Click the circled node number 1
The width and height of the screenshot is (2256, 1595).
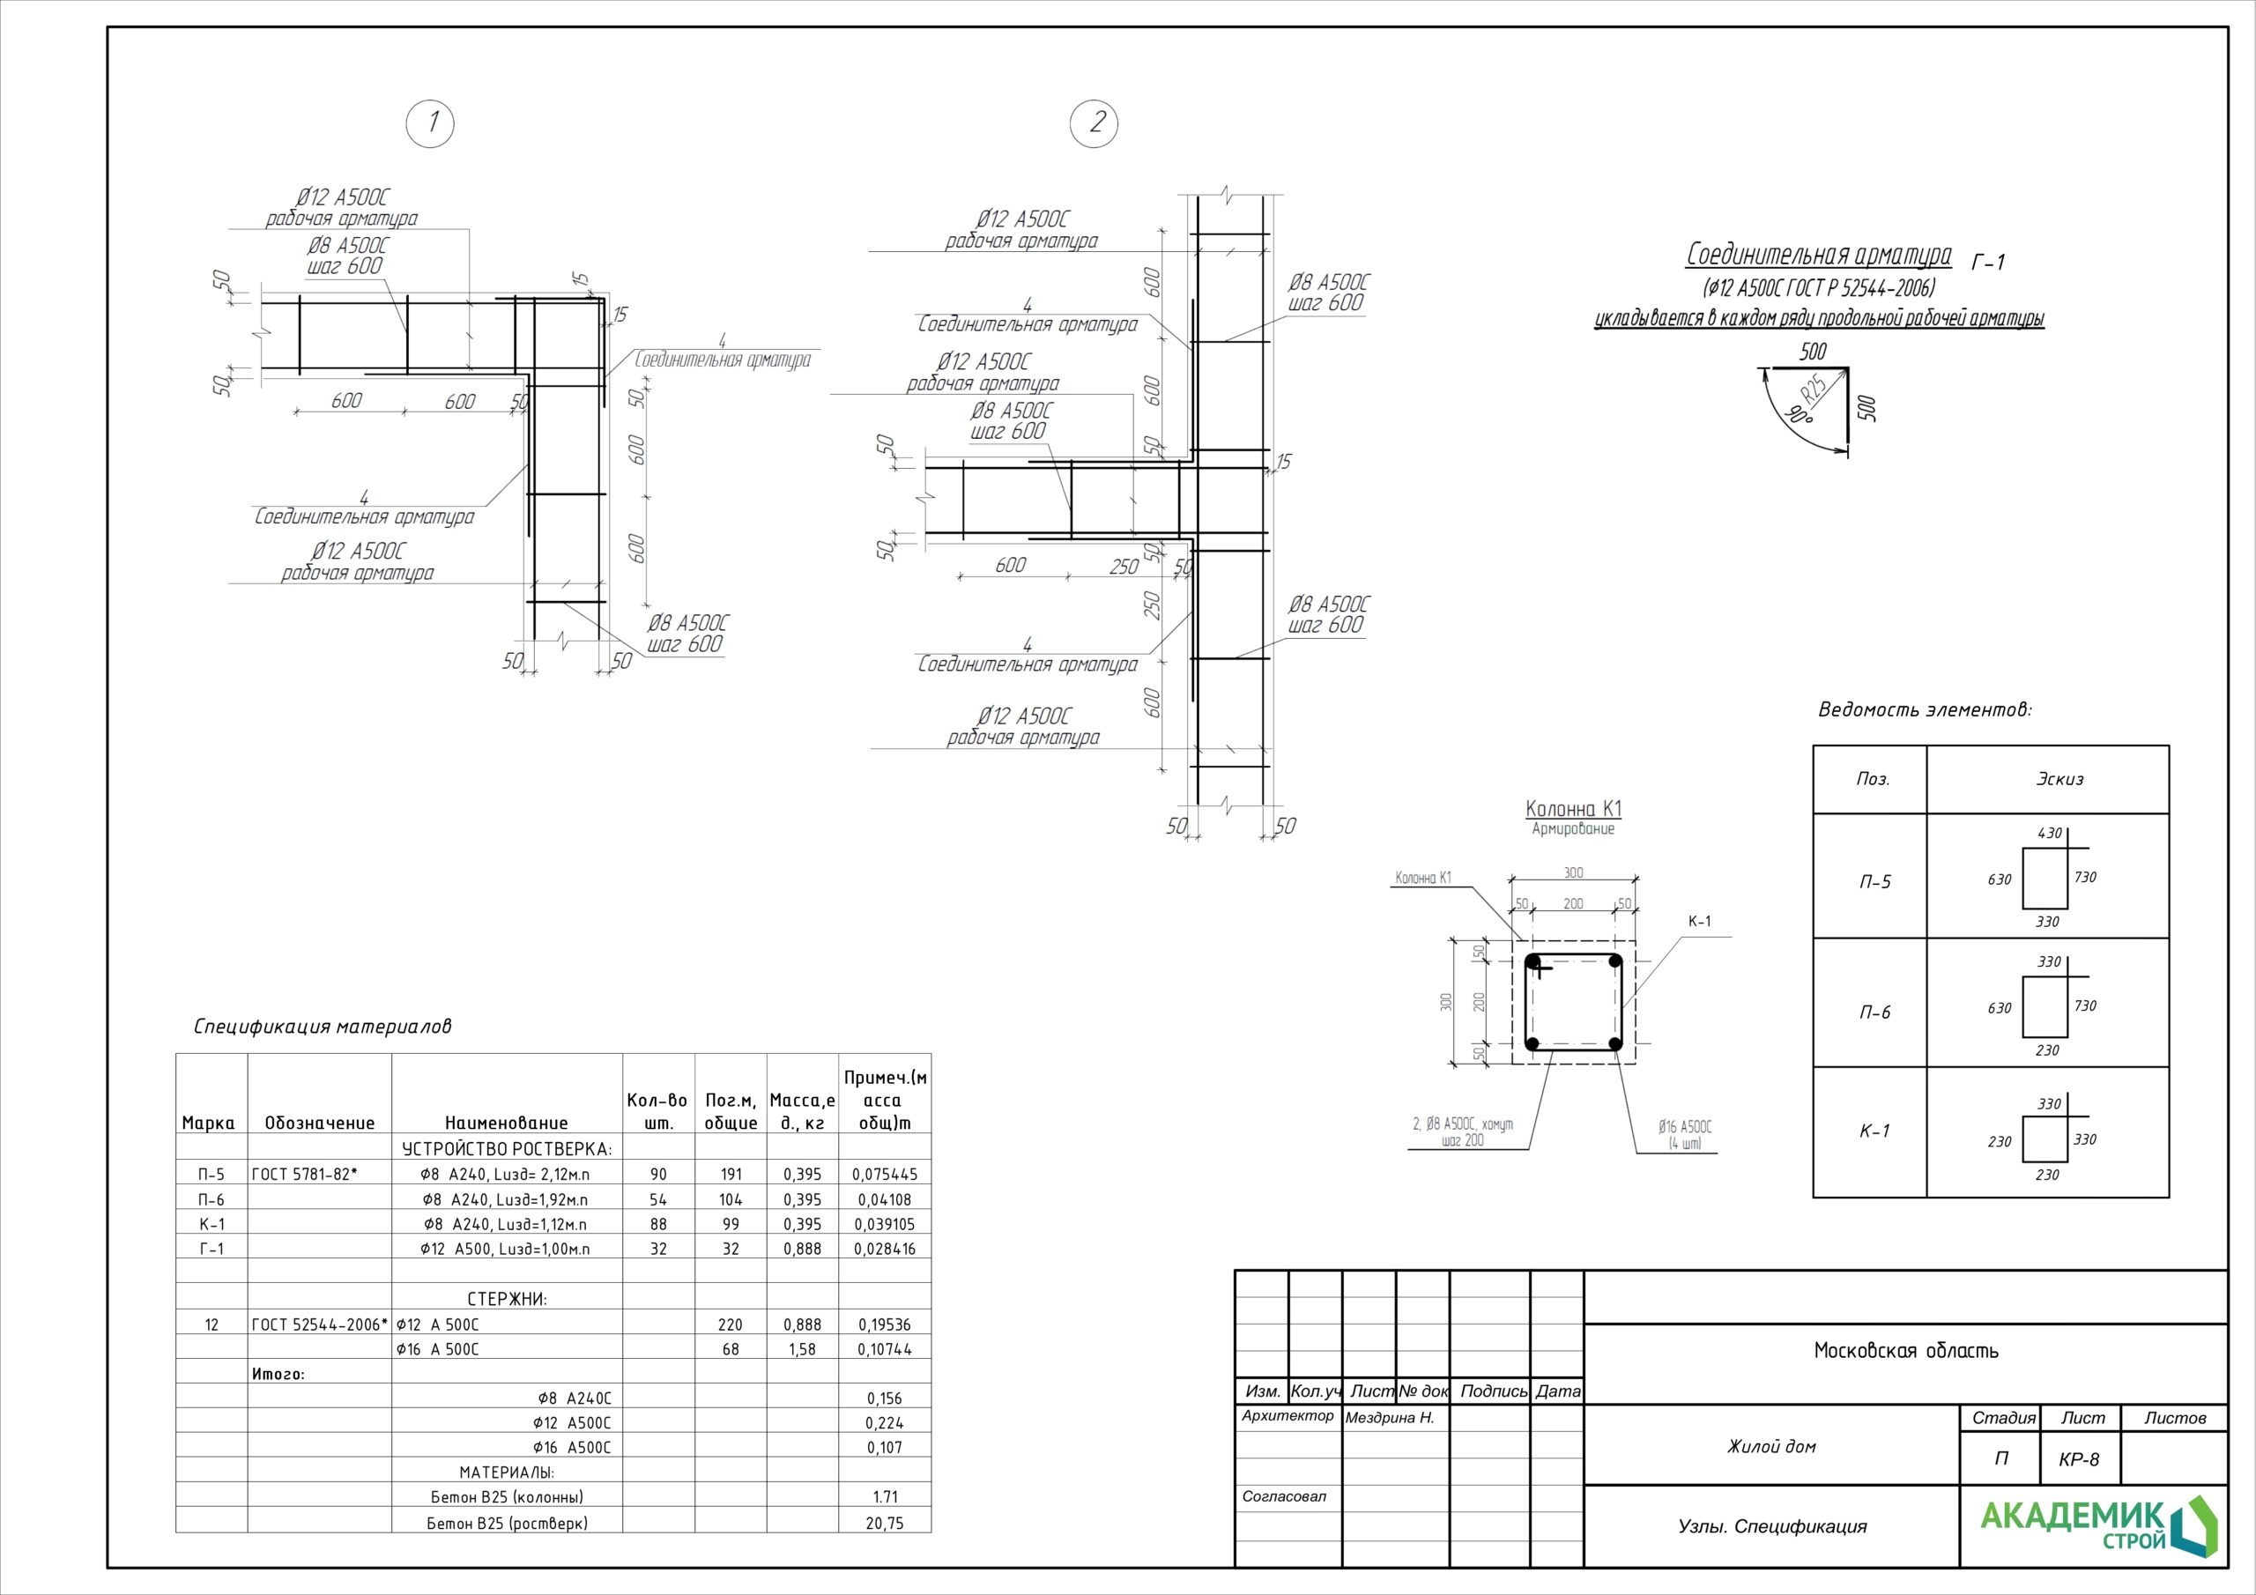pos(430,124)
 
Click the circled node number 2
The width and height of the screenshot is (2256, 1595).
pos(1094,124)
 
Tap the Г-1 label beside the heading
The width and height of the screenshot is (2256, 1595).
pos(1988,263)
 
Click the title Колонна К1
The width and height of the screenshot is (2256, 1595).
pos(1573,809)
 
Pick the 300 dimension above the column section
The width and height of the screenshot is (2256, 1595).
pos(1573,872)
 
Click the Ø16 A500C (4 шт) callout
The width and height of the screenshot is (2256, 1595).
pos(1684,1136)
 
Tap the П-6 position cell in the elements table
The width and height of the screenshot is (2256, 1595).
pos(1874,1013)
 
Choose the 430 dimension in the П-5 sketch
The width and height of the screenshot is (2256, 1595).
pos(2050,834)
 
